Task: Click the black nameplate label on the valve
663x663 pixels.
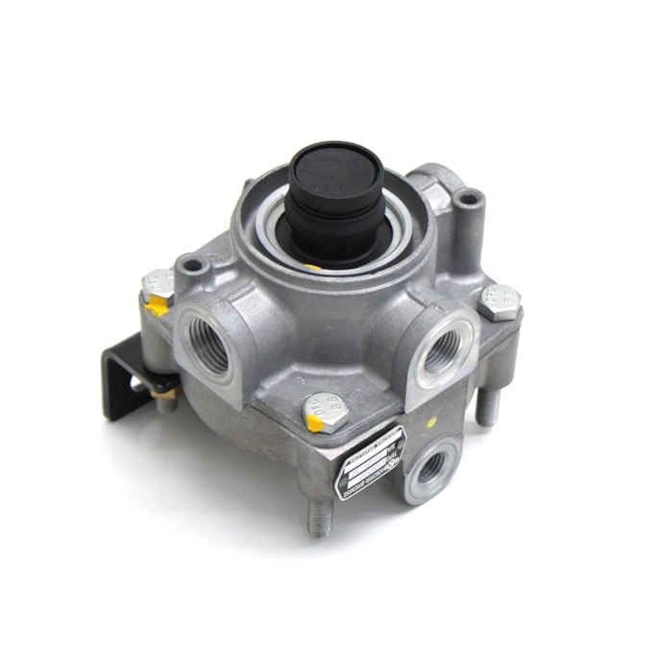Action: [370, 462]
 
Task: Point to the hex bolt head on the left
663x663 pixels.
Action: [157, 285]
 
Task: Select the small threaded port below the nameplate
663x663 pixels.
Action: [430, 468]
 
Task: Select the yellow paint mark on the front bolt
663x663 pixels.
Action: [312, 420]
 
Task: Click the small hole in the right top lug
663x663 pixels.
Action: [468, 200]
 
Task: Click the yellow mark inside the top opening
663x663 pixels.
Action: [313, 265]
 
